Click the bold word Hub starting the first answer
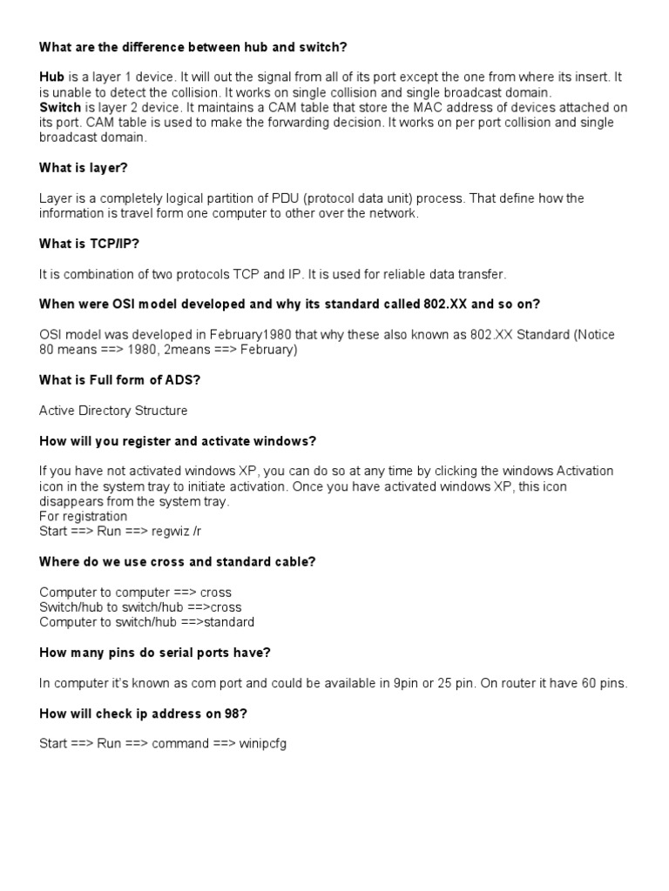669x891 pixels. coord(52,77)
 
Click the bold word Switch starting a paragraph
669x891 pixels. coord(60,108)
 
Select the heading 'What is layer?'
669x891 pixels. coord(84,168)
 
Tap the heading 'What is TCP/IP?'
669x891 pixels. coord(89,245)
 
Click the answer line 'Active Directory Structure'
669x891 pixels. coord(113,411)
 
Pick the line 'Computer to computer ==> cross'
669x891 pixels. coord(135,593)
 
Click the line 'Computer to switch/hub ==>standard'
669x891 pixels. coord(146,623)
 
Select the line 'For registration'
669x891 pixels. coord(83,517)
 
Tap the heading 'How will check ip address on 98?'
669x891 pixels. coord(144,714)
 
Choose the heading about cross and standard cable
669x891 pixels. coord(178,562)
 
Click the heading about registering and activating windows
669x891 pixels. coord(178,441)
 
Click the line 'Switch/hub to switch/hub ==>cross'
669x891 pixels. coord(140,607)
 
